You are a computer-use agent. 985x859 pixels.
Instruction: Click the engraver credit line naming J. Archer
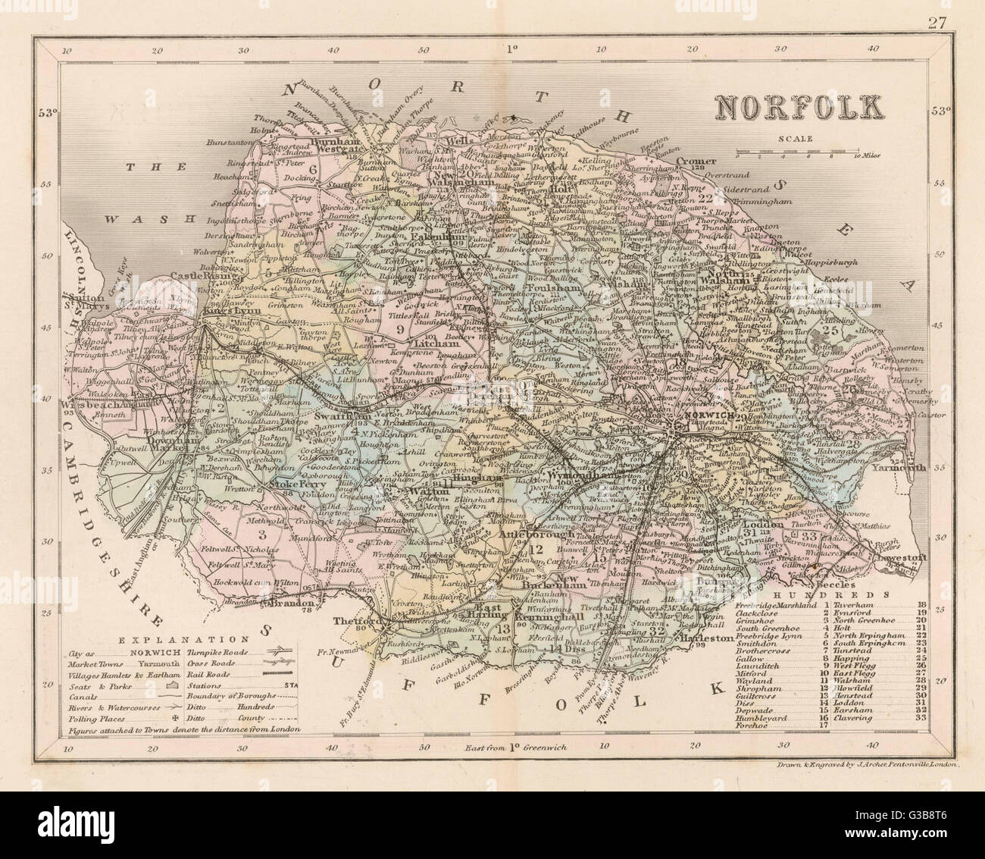(869, 766)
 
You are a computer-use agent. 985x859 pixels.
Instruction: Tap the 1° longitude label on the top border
(511, 49)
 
